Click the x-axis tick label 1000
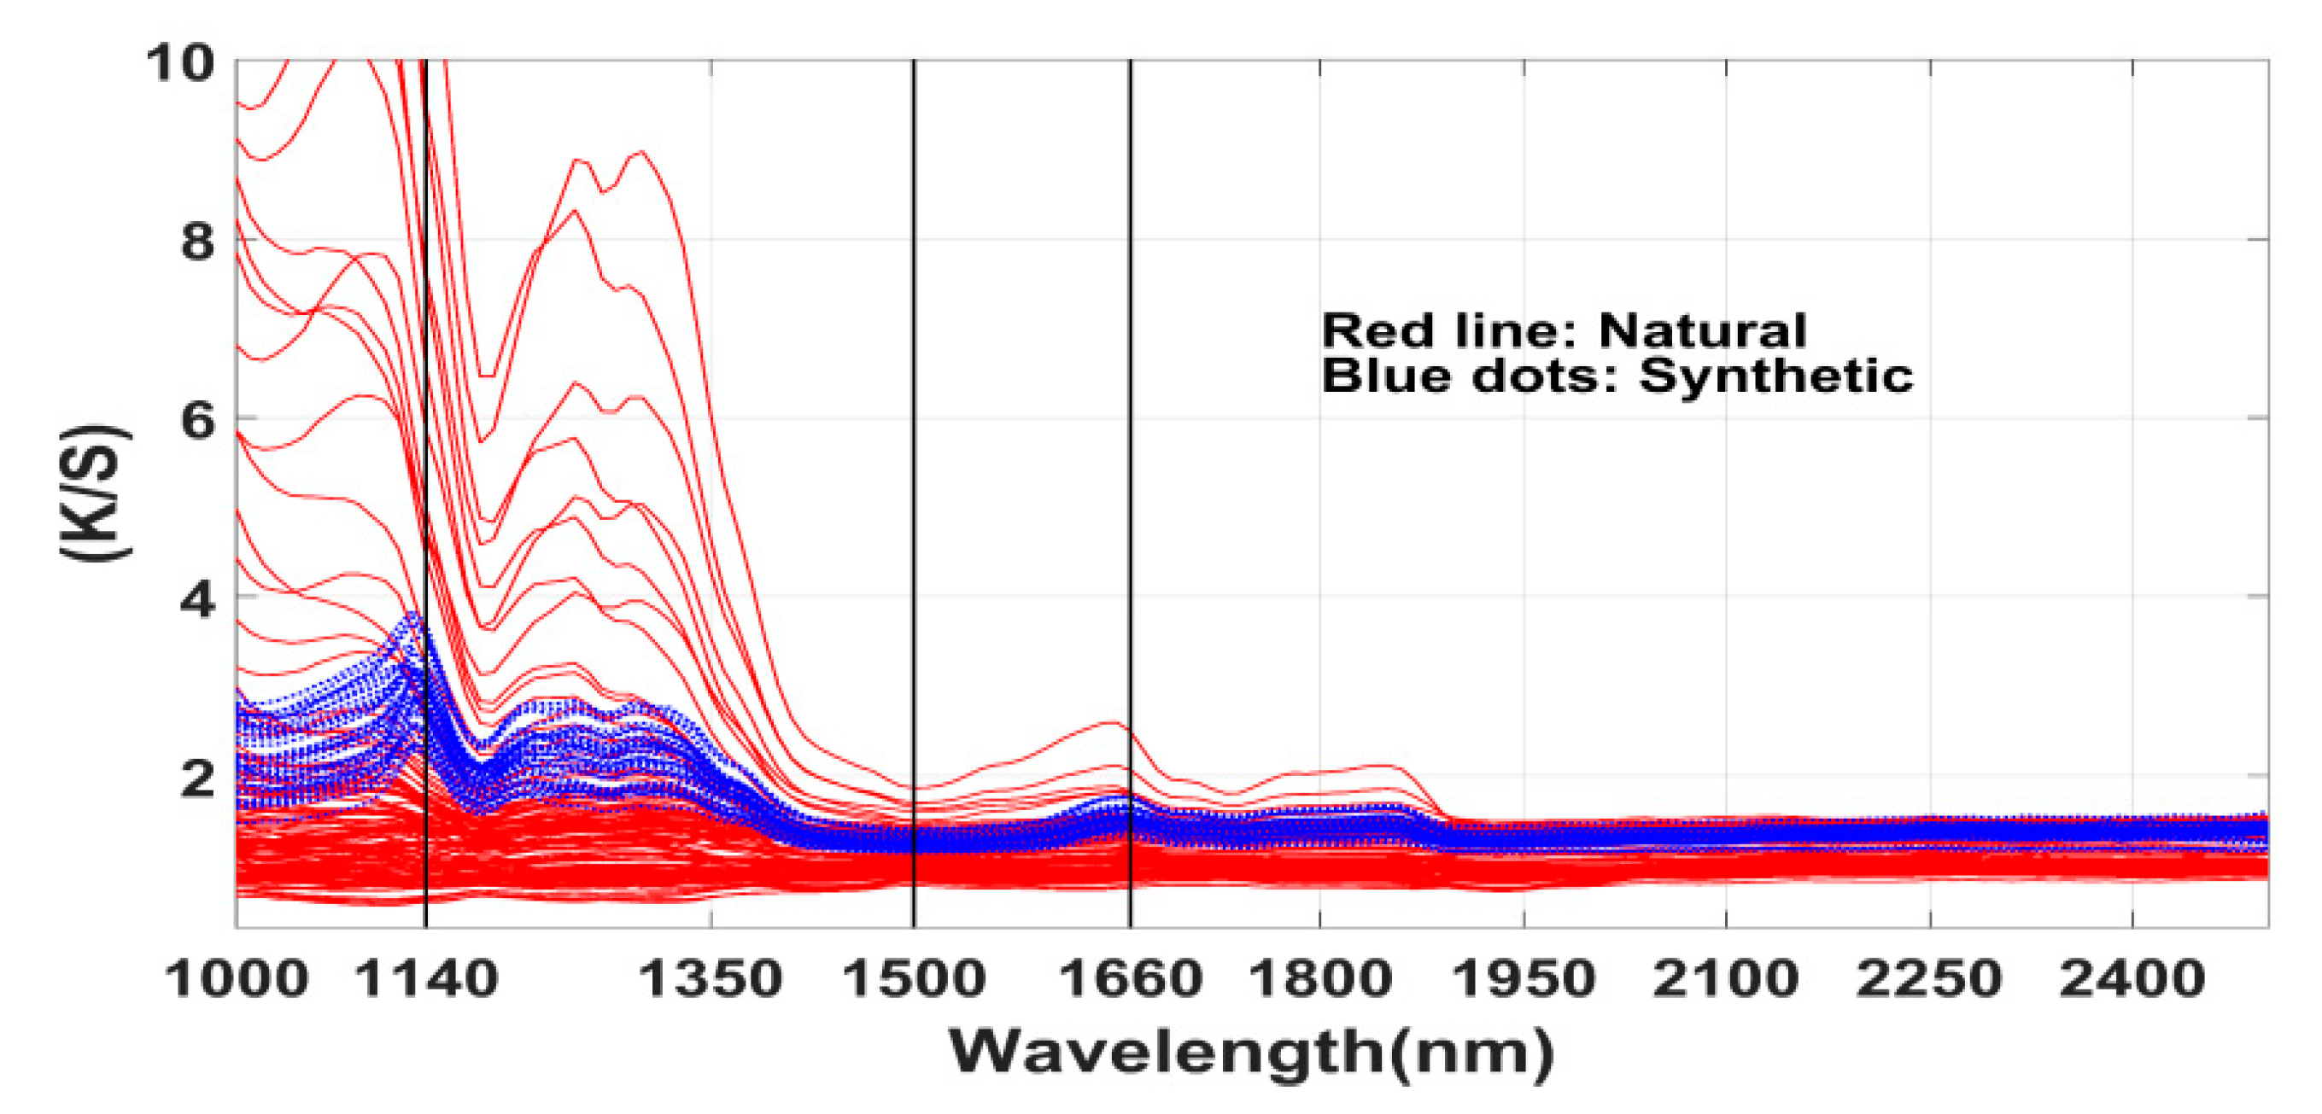click(x=237, y=979)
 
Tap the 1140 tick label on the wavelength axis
click(x=426, y=979)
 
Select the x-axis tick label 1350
click(x=711, y=979)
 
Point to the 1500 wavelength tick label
click(x=913, y=979)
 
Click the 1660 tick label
click(x=1130, y=979)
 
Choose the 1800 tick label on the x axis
click(x=1319, y=979)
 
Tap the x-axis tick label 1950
click(x=1524, y=979)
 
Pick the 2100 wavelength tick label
click(x=1725, y=979)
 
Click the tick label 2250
click(x=1929, y=979)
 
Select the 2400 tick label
click(x=2132, y=979)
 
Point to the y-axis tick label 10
click(x=180, y=63)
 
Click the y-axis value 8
click(x=197, y=242)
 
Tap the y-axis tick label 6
click(x=197, y=420)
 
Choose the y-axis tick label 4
click(x=197, y=598)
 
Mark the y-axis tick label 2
click(x=197, y=777)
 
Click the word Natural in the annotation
click(x=1702, y=330)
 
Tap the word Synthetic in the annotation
click(x=1775, y=375)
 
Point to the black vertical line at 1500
click(x=913, y=451)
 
